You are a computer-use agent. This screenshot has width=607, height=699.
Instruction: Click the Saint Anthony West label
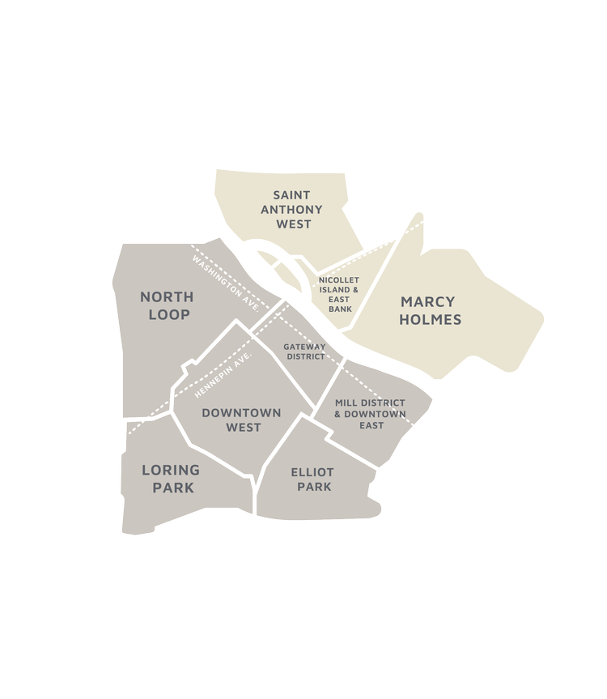(x=297, y=210)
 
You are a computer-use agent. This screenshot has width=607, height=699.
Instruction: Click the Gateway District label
(x=304, y=352)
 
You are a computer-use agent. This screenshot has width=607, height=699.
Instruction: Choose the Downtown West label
(x=242, y=420)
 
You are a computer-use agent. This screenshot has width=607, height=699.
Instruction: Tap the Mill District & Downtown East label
(x=370, y=414)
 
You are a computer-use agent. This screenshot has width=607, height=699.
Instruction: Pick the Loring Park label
(x=170, y=478)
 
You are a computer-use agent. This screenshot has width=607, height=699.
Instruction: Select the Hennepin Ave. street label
(x=225, y=375)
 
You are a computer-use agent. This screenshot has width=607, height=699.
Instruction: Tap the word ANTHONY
(x=297, y=210)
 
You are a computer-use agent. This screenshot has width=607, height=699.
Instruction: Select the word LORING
(x=170, y=469)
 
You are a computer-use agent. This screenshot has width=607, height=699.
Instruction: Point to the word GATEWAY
(x=304, y=347)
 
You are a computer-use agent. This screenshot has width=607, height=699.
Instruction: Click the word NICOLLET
(x=333, y=280)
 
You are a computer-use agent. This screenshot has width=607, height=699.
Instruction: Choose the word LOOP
(x=169, y=314)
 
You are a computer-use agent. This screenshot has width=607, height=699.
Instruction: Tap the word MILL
(x=346, y=403)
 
